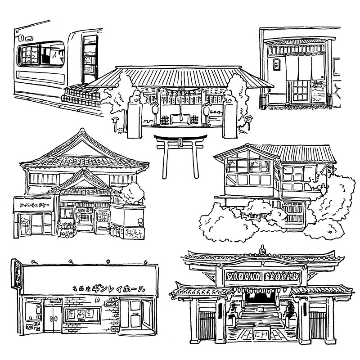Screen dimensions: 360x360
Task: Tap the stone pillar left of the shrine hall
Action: point(134,119)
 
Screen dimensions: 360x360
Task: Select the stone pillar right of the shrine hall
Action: point(230,119)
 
